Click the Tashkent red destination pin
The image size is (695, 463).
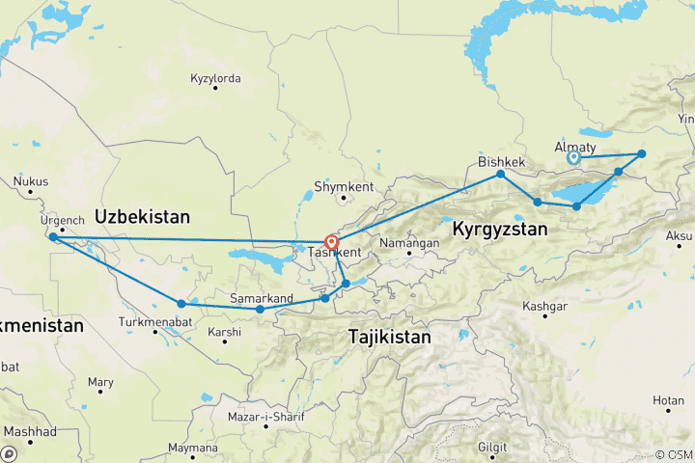coord(331,242)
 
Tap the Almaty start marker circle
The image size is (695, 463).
coord(573,157)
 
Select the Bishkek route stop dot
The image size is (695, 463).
coord(500,174)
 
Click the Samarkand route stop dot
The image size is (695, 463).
coord(260,310)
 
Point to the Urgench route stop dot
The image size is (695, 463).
coord(52,236)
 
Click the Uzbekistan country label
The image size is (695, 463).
coord(142,216)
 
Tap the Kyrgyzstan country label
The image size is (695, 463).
coord(501,231)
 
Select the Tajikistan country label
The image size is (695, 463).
coord(389,337)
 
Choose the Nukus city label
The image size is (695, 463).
coord(31,180)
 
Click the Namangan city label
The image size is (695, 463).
coord(410,243)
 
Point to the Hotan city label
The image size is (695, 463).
coord(667,399)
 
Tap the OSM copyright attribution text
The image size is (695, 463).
coord(673,454)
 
